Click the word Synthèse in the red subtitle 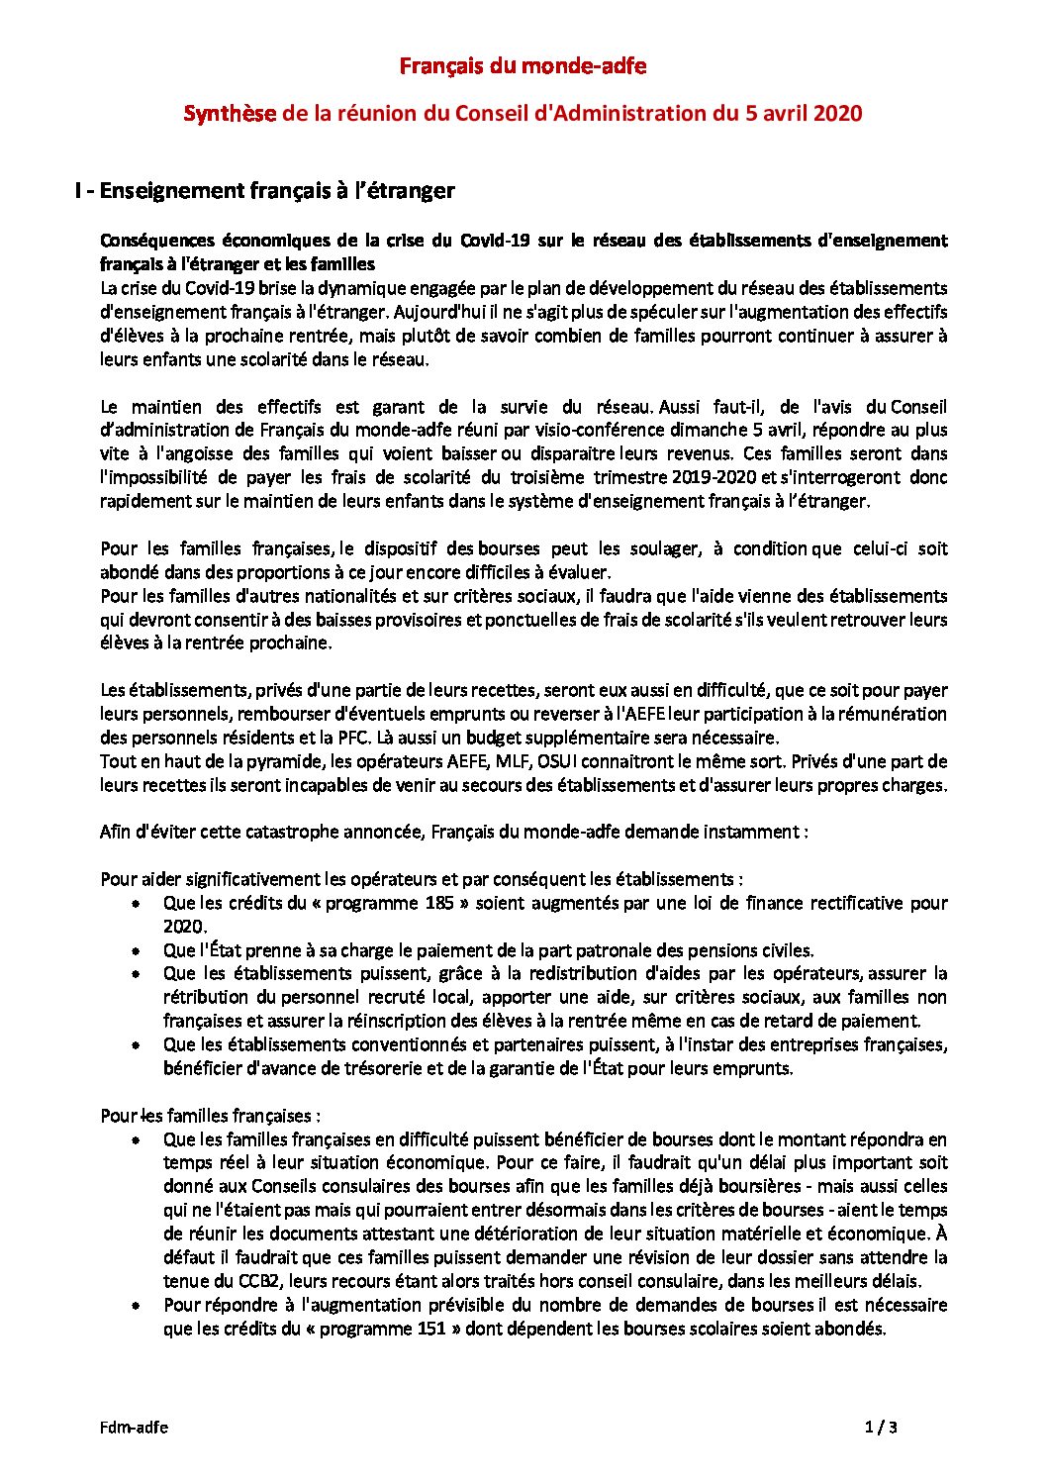click(x=229, y=114)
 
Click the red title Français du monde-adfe click(x=523, y=66)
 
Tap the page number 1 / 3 click(x=880, y=1427)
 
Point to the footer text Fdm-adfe click(x=134, y=1427)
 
